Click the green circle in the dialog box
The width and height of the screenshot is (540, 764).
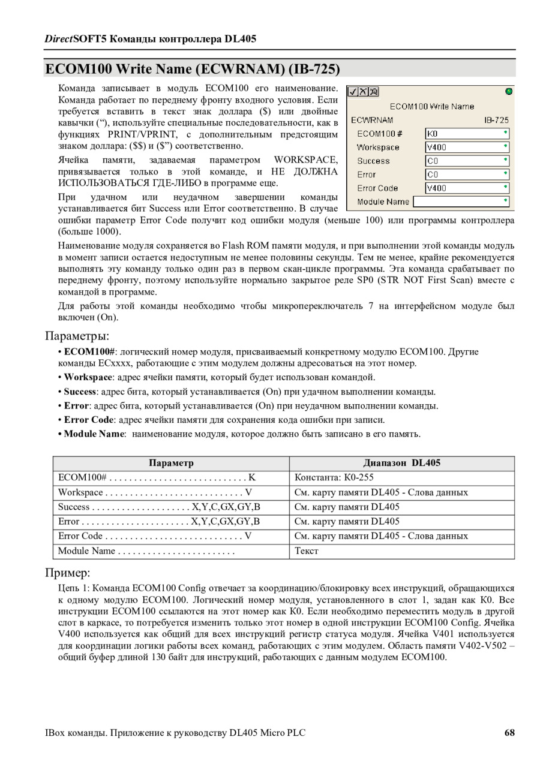point(509,92)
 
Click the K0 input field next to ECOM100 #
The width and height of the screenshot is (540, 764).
point(467,134)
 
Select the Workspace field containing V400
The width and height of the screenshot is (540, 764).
point(467,148)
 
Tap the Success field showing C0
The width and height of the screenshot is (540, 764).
point(467,161)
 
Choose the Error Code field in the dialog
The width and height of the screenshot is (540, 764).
point(467,188)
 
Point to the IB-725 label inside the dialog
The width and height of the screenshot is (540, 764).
point(496,120)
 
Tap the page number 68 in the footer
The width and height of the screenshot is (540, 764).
point(509,733)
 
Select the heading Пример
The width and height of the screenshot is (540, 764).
point(68,572)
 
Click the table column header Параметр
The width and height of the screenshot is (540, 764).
point(171,463)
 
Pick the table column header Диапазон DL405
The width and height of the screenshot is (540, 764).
point(401,463)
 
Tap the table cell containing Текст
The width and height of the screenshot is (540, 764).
point(307,551)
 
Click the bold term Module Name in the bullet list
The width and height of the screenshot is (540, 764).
point(94,434)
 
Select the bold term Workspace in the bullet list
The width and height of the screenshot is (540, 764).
point(88,377)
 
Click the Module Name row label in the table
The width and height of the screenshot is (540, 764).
point(86,551)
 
